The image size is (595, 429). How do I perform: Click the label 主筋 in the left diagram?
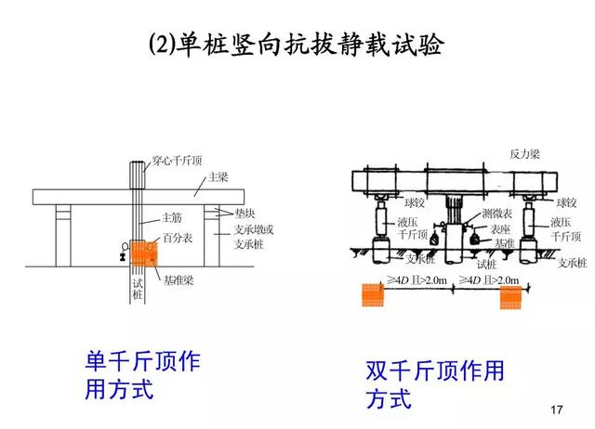(x=172, y=218)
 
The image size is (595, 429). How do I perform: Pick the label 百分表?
(x=177, y=239)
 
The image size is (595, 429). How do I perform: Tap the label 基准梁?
(x=178, y=278)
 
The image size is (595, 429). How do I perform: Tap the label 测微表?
(x=496, y=214)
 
